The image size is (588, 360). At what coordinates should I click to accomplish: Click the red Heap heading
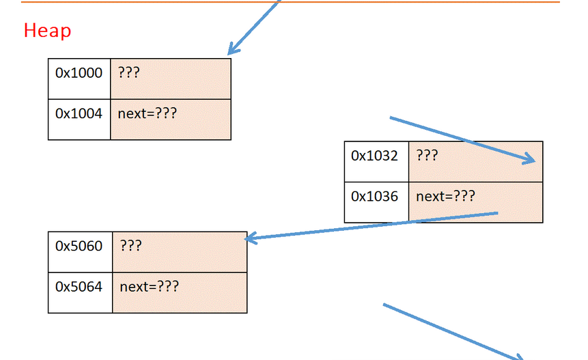47,31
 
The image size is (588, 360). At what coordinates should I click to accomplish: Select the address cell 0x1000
79,73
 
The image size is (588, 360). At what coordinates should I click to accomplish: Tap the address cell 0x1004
79,113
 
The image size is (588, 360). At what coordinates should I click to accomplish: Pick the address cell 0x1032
374,156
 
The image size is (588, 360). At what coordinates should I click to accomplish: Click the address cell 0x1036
374,197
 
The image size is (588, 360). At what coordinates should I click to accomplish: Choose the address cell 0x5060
79,246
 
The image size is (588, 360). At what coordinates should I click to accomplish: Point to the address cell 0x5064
79,287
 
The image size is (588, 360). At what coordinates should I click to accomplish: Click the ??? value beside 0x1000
128,72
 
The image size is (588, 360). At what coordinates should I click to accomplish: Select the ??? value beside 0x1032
427,156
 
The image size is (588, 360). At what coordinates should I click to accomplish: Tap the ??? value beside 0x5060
131,246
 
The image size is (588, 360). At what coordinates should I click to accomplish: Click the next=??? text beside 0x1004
147,113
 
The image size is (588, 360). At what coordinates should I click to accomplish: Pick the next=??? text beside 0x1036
445,197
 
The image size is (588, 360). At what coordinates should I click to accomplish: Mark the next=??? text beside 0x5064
149,287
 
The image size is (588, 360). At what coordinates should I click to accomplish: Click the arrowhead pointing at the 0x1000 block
232,49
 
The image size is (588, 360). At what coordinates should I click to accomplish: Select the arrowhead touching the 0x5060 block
249,238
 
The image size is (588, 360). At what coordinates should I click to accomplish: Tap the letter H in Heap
29,31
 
